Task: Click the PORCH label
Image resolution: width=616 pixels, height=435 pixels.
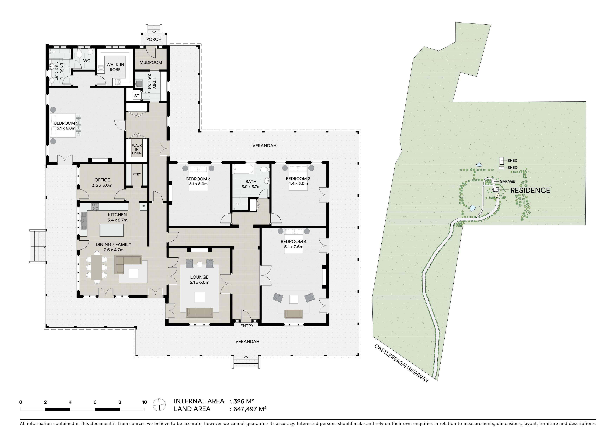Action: click(x=154, y=39)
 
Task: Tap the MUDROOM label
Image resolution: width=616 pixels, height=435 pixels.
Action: click(x=151, y=62)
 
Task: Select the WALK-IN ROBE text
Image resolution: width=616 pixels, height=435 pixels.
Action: click(x=115, y=67)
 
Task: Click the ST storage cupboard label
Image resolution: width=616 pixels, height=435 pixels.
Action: click(x=137, y=96)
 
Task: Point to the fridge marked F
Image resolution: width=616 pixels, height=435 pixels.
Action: click(x=143, y=207)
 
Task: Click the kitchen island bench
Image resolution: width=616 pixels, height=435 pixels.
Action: click(x=112, y=230)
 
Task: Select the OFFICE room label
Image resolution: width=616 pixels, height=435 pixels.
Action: click(x=102, y=180)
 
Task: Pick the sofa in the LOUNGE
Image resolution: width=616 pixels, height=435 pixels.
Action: click(x=200, y=313)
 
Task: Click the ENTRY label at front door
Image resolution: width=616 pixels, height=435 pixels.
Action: click(x=247, y=326)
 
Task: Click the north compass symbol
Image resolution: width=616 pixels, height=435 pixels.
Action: click(x=159, y=405)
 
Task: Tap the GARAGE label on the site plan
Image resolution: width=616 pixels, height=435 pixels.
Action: click(x=507, y=181)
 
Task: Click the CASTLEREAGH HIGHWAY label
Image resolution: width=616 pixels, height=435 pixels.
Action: click(x=402, y=363)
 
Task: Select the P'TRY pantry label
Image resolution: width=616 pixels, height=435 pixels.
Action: click(x=137, y=174)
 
